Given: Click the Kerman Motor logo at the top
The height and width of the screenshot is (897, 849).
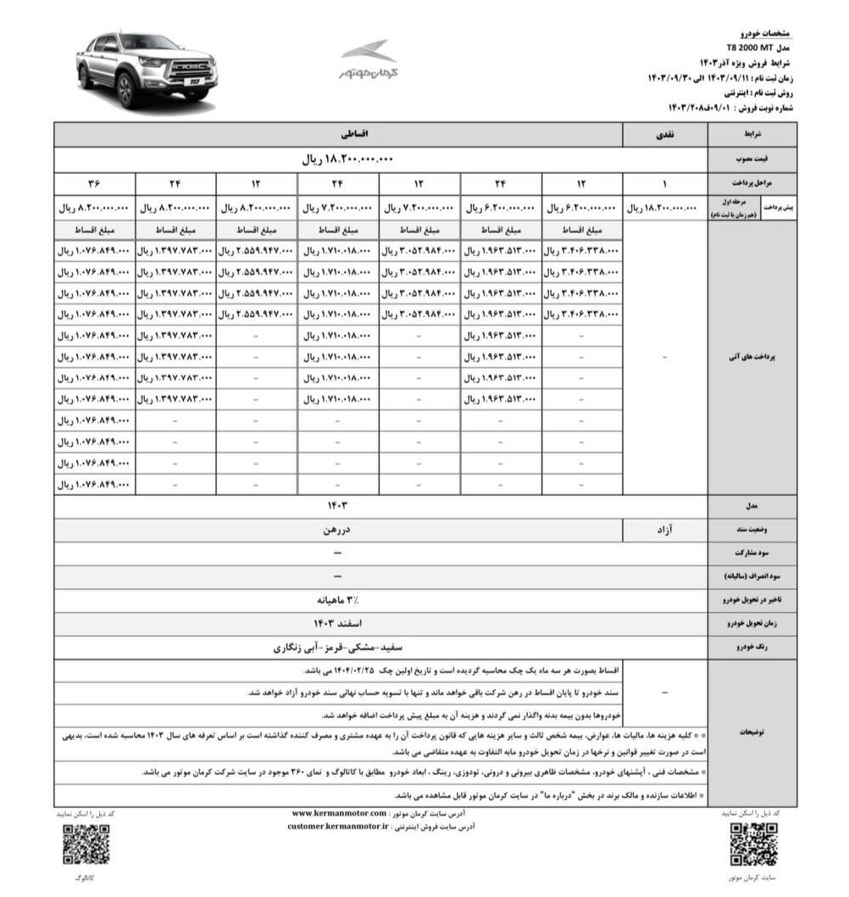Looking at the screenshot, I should (x=368, y=61).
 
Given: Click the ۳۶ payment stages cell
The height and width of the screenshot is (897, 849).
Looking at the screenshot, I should (x=94, y=183).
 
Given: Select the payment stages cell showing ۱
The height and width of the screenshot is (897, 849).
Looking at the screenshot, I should (x=665, y=183).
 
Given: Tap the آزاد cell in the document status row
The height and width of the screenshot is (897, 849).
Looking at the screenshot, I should (x=665, y=530).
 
